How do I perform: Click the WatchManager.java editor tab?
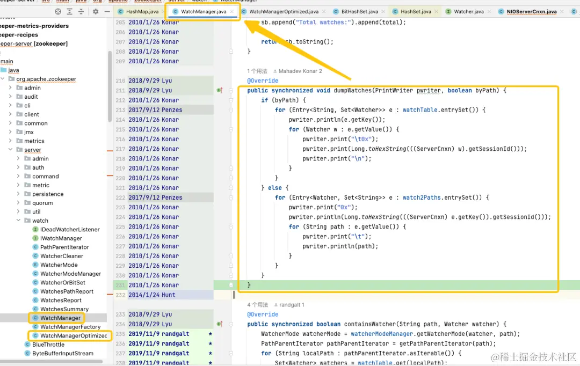click(x=204, y=11)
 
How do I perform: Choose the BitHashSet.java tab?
click(x=359, y=11)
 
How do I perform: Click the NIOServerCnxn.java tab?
click(x=532, y=11)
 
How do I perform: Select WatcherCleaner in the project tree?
click(x=62, y=256)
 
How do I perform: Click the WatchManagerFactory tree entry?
click(x=70, y=327)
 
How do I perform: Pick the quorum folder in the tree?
click(x=42, y=203)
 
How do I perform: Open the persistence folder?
click(x=48, y=194)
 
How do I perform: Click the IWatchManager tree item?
click(x=61, y=238)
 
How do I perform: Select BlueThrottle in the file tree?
click(x=48, y=345)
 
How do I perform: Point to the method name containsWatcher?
click(x=370, y=324)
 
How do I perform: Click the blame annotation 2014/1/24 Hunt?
click(x=152, y=295)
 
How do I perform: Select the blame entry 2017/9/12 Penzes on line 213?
click(x=155, y=110)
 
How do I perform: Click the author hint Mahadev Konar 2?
click(x=300, y=71)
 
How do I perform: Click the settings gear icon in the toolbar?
click(x=96, y=11)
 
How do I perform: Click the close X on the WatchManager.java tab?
click(x=232, y=11)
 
